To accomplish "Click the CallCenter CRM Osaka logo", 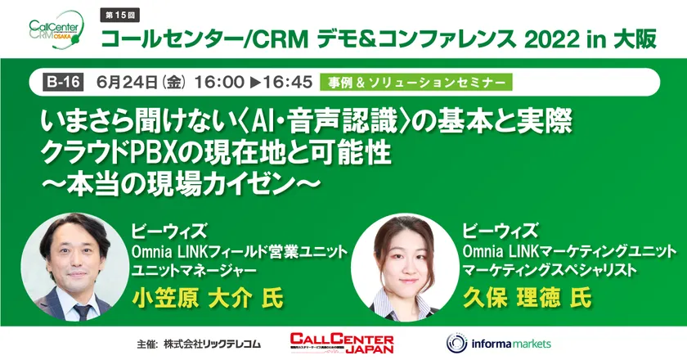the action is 57,29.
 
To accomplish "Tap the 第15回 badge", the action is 119,16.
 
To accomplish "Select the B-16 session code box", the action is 63,83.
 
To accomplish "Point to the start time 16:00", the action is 219,83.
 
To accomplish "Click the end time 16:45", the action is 287,83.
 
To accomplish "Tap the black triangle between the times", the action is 254,83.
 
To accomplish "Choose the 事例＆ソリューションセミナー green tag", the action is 415,83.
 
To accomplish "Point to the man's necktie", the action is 82,312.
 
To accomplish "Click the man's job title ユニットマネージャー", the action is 194,271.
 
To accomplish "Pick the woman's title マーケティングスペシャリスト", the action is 550,271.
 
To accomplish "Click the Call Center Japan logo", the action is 342,344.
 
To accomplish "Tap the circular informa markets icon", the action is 456,344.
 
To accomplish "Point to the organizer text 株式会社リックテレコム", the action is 212,344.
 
